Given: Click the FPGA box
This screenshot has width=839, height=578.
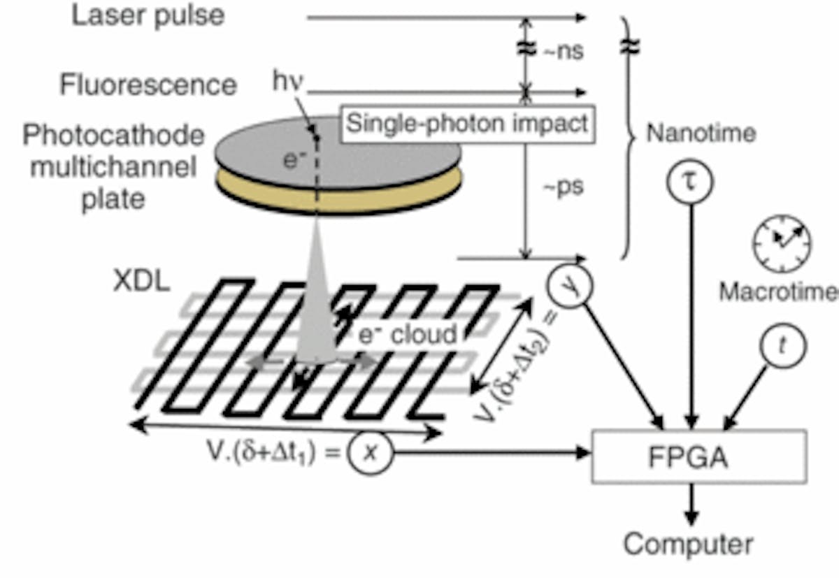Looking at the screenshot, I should pos(698,457).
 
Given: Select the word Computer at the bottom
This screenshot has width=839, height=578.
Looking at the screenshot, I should pos(689,544).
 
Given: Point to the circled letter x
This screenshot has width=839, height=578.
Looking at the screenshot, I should pos(371,453).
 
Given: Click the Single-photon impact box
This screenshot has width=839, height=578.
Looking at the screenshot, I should pos(467,124).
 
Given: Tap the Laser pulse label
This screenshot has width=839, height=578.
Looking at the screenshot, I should pos(148,16).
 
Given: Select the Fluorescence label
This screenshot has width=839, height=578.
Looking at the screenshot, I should pos(148,85).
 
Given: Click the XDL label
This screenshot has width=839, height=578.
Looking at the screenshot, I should pos(141,281).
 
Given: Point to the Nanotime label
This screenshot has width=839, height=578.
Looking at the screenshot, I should pos(701,133).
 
